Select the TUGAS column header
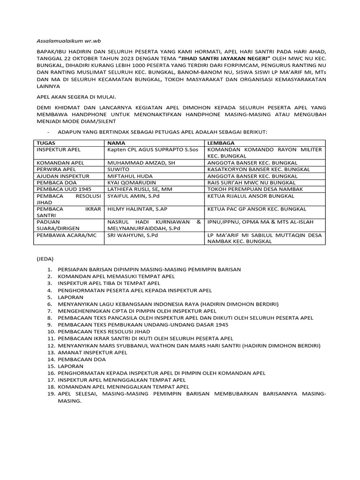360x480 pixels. tap(45, 142)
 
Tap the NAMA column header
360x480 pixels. tap(117, 142)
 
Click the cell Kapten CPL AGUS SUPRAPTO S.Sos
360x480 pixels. tap(150, 150)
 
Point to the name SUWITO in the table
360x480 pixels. tap(118, 169)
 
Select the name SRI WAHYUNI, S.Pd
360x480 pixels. tap(133, 235)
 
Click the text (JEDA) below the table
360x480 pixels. tap(45, 258)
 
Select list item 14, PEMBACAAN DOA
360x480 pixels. tap(82, 359)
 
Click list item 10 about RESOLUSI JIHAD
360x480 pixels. tap(104, 331)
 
